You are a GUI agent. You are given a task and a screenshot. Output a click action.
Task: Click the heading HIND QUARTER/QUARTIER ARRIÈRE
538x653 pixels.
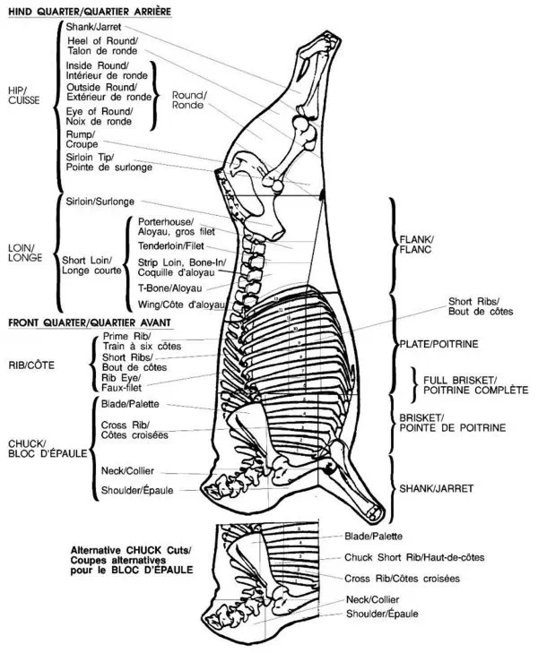[x=89, y=11]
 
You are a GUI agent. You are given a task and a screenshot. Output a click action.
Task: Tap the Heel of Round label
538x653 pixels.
[x=101, y=47]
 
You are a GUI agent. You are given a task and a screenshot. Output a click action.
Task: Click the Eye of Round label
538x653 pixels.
[x=100, y=116]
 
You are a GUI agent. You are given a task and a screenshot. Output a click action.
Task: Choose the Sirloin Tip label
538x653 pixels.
[x=108, y=162]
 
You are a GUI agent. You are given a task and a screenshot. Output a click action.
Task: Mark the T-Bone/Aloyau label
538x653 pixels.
[x=169, y=288]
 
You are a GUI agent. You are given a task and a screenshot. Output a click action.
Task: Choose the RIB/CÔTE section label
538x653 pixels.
[x=30, y=365]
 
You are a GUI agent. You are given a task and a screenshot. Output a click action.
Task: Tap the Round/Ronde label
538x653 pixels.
[x=189, y=99]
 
